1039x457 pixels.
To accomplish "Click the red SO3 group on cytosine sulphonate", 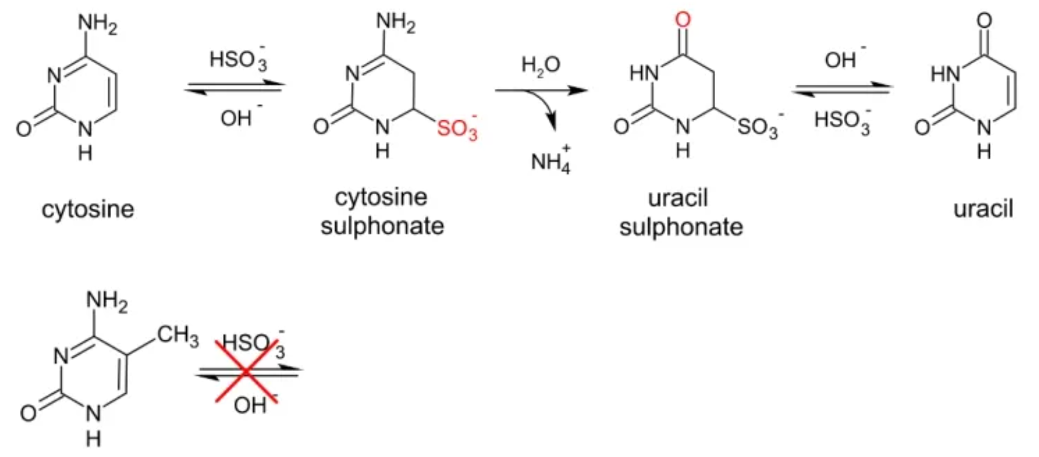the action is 457,127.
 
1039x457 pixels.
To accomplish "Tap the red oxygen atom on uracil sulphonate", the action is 683,20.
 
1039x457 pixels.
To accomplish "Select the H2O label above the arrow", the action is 541,64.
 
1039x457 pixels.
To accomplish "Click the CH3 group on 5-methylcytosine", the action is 178,335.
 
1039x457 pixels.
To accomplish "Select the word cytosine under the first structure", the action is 88,209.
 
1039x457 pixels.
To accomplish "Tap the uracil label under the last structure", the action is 983,209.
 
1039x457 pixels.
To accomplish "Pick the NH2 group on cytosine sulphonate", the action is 396,23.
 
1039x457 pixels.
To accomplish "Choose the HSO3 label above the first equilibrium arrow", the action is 239,59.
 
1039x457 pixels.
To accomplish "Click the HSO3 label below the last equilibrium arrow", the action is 842,120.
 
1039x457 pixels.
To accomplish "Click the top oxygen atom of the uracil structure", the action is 984,20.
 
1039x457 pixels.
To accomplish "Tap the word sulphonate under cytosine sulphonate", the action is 382,227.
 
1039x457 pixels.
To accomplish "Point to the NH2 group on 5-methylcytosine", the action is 107,301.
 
